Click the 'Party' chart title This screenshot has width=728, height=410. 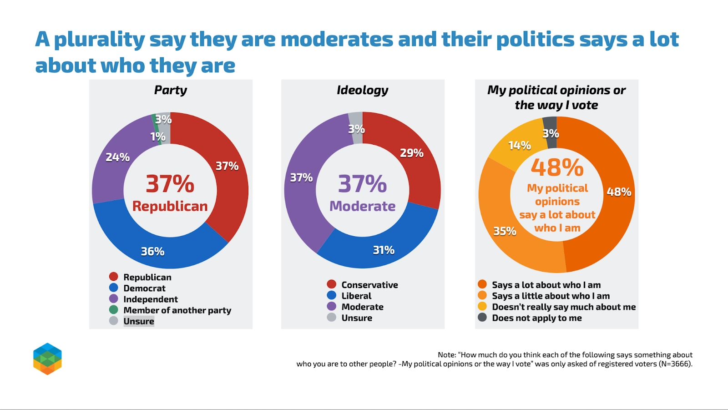point(171,90)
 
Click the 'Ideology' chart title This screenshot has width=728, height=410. point(363,90)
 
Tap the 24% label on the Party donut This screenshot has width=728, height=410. point(117,157)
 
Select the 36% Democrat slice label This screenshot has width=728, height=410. point(152,252)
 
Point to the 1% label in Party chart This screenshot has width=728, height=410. point(158,137)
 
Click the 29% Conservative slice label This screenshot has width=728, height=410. point(411,153)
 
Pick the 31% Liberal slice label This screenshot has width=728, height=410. point(384,250)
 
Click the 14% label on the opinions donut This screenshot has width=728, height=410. point(519,146)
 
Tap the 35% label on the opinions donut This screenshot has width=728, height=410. point(505,232)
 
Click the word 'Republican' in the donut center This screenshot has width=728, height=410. point(170,207)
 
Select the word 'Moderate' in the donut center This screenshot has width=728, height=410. point(362,207)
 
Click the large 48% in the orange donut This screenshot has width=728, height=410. point(557,167)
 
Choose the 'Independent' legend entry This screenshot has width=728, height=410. point(150,299)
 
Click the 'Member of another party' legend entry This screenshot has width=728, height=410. point(177,310)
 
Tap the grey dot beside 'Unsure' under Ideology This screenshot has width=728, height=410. point(332,317)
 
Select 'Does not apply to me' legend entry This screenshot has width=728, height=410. point(536,318)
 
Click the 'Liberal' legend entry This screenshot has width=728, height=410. point(356,296)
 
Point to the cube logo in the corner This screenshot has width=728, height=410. point(47,359)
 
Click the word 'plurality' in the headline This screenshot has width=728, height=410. point(99,40)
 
